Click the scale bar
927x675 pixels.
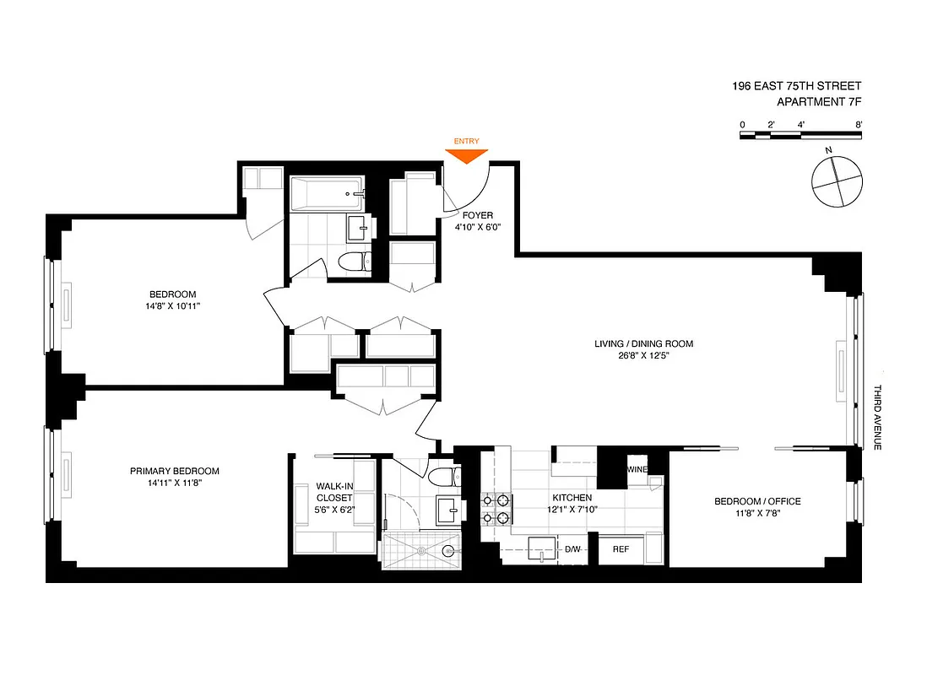(800, 135)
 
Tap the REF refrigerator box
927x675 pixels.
(621, 549)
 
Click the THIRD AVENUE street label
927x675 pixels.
(877, 417)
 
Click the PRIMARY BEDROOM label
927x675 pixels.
(174, 472)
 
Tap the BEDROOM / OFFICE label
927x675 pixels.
(757, 501)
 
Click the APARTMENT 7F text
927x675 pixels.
(818, 102)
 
